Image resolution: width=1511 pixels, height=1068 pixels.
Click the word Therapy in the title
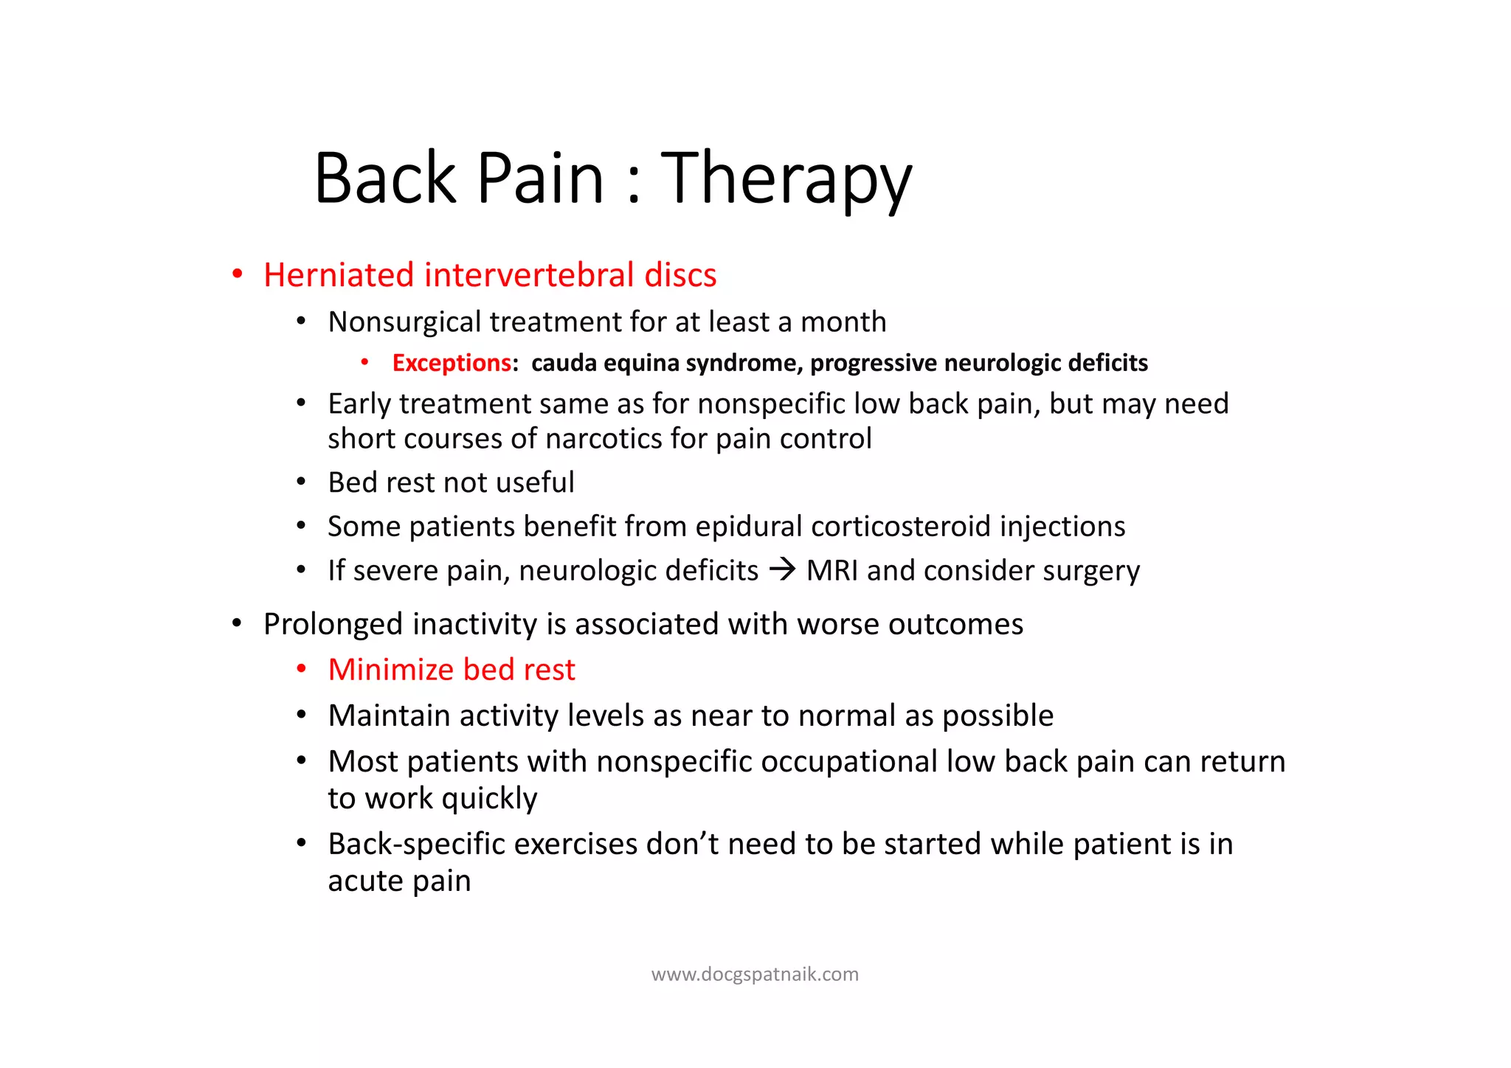(786, 179)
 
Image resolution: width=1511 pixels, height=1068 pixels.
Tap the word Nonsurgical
(404, 322)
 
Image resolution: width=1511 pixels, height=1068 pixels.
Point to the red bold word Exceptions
(452, 363)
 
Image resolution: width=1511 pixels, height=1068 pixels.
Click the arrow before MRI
(782, 570)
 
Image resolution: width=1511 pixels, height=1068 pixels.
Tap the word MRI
(832, 571)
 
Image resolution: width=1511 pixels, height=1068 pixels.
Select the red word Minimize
(391, 670)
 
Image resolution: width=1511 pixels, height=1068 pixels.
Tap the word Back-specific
(416, 845)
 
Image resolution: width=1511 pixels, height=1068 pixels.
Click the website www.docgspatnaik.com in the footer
(755, 974)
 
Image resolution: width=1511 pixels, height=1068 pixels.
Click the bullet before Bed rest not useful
(301, 483)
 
